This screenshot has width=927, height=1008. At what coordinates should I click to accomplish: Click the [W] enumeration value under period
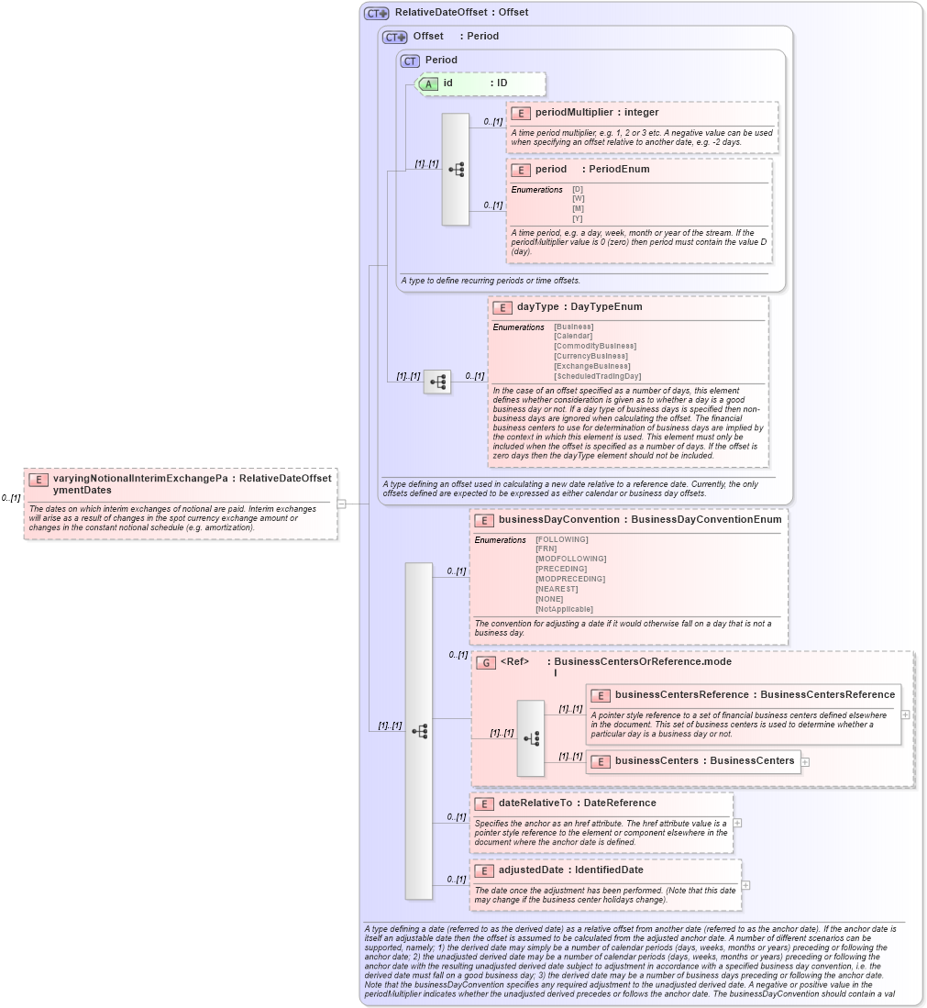[x=578, y=199]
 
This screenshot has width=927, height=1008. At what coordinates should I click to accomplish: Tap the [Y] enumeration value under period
[x=578, y=218]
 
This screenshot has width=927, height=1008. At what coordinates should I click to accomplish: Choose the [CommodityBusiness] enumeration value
[x=595, y=346]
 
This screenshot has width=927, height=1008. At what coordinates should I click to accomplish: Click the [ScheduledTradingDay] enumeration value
[x=597, y=376]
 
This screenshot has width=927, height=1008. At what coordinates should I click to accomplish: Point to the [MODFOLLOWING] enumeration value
[x=570, y=559]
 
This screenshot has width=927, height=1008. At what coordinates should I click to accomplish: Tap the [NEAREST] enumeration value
[x=557, y=589]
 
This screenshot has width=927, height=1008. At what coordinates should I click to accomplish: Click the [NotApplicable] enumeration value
[x=564, y=609]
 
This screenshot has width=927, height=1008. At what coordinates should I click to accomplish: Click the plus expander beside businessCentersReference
[x=906, y=714]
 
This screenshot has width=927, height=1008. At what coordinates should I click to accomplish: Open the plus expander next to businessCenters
[x=805, y=761]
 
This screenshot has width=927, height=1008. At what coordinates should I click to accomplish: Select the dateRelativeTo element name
[x=539, y=803]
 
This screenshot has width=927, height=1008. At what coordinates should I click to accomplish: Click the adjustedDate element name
[x=532, y=870]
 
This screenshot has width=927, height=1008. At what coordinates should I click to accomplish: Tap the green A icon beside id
[x=428, y=83]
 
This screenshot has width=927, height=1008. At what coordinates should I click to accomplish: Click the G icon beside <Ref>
[x=486, y=662]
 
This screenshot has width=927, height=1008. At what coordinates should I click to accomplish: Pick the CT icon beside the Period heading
[x=410, y=61]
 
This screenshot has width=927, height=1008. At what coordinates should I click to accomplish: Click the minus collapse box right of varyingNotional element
[x=340, y=503]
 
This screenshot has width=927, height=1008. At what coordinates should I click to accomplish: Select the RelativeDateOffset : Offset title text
[x=461, y=13]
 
